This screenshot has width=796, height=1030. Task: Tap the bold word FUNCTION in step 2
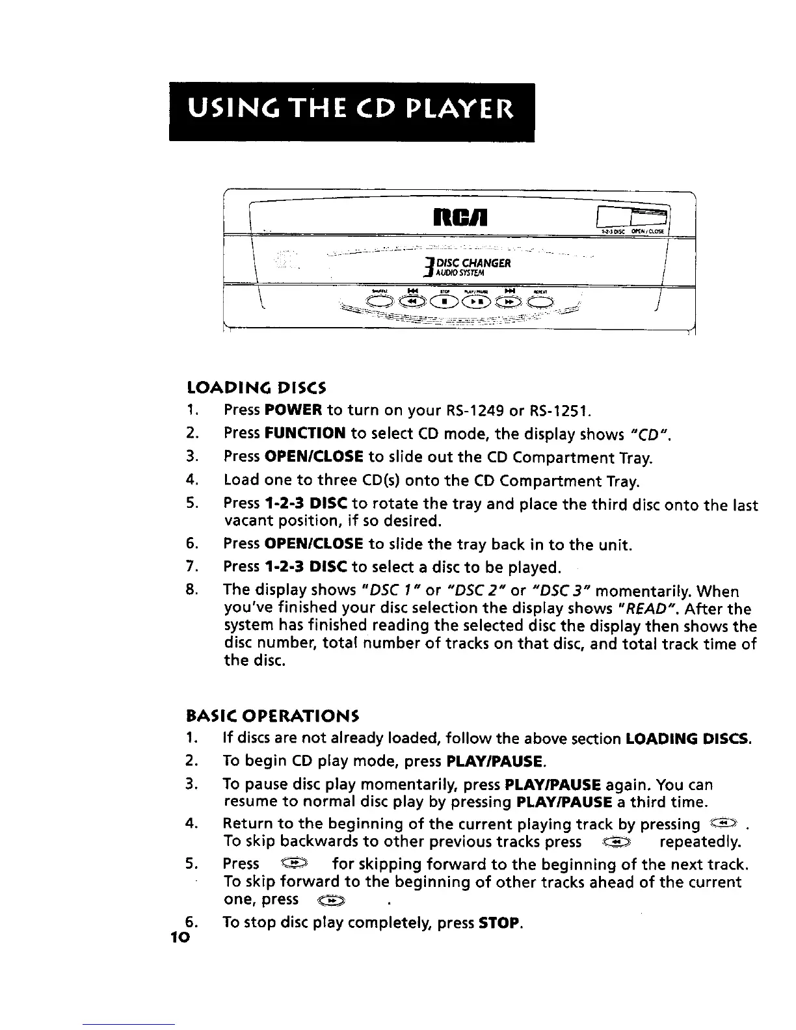[x=304, y=432]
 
